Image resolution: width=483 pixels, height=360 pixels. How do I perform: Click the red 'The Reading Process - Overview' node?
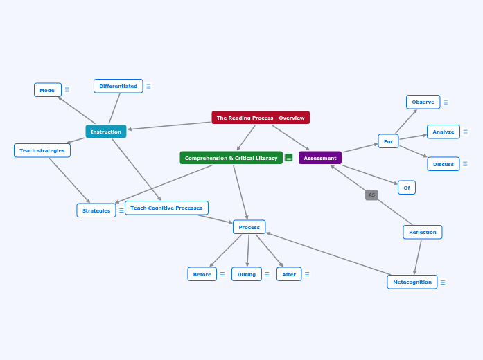261,118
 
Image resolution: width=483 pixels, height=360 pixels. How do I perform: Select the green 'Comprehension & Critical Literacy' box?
231,158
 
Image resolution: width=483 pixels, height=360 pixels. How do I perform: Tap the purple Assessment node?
319,158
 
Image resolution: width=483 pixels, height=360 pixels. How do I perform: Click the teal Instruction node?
105,132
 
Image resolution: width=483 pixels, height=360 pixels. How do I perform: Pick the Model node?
48,90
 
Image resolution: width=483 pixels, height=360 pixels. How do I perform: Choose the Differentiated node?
118,86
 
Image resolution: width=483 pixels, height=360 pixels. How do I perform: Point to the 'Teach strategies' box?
42,150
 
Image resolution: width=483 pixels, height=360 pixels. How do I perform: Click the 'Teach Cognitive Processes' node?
166,208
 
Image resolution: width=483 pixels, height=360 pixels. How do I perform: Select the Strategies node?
96,210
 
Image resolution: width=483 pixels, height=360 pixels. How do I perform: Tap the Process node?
249,227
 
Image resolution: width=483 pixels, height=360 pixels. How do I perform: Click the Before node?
202,274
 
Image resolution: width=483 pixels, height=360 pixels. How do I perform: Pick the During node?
246,274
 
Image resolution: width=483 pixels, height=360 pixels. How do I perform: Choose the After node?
288,274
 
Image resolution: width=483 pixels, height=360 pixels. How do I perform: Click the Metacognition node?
412,282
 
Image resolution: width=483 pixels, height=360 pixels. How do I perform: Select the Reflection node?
422,232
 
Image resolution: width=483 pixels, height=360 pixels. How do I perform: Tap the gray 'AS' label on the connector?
371,195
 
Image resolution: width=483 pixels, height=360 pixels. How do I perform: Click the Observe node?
423,102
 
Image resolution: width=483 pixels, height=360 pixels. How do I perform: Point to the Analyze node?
443,132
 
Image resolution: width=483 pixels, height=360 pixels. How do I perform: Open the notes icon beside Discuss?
465,164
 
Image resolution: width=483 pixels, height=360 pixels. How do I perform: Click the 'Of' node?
406,187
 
